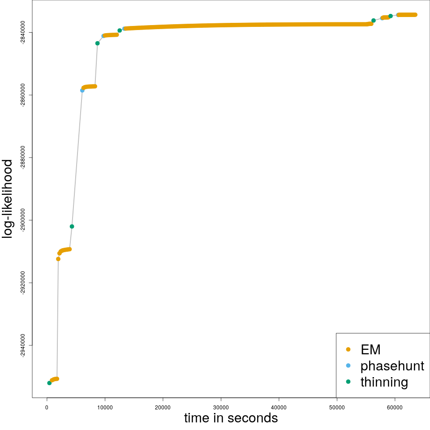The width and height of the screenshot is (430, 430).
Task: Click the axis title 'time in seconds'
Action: (x=231, y=418)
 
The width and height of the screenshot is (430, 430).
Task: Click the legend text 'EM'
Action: (x=370, y=349)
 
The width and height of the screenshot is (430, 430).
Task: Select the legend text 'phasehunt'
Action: (x=392, y=366)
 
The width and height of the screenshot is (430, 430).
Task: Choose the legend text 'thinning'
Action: (x=384, y=382)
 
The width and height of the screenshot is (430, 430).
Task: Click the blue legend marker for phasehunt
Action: (x=348, y=366)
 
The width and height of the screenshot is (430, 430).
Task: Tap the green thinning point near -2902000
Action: (x=72, y=226)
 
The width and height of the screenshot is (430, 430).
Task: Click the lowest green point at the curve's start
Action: (x=49, y=383)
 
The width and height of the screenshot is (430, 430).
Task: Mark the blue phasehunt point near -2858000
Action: (x=82, y=90)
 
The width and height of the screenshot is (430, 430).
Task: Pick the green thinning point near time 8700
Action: (x=97, y=43)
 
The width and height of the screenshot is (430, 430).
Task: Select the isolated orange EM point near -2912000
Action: (x=58, y=259)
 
